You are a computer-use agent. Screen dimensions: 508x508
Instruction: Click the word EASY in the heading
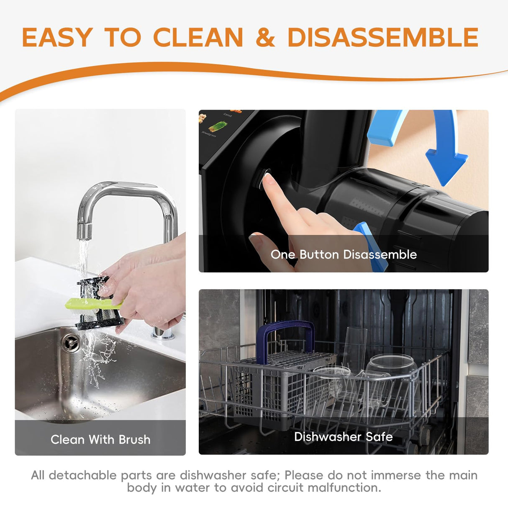click(x=56, y=37)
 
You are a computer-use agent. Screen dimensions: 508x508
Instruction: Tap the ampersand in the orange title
click(x=265, y=37)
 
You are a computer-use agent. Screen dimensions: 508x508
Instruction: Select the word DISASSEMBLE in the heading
click(x=382, y=37)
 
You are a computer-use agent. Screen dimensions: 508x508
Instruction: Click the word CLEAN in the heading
click(x=198, y=37)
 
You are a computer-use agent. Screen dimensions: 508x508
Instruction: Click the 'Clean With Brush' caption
click(x=100, y=439)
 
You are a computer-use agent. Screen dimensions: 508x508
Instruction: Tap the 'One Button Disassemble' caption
click(x=344, y=254)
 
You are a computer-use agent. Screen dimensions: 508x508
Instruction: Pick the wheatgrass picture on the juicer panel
click(x=218, y=126)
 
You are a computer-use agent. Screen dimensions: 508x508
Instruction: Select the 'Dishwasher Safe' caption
click(x=344, y=437)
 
